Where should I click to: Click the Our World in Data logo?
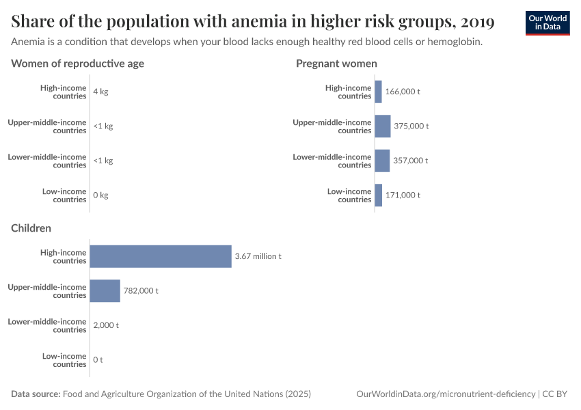[x=547, y=23]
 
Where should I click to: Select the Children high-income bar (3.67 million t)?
[x=161, y=256]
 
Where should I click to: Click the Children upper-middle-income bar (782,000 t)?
[x=105, y=290]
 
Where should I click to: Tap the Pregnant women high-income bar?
[x=378, y=92]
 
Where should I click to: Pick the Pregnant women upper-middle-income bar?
[x=382, y=126]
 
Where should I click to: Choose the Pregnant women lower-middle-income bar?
[x=382, y=161]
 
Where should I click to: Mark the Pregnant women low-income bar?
[x=378, y=195]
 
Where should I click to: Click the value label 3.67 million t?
[x=258, y=256]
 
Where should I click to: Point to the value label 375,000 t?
[x=411, y=126]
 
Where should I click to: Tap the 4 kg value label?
[x=100, y=92]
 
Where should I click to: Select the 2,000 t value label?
[x=106, y=325]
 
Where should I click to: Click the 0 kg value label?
[x=100, y=195]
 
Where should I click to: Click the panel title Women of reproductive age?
[x=77, y=64]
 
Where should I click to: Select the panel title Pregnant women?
[x=336, y=64]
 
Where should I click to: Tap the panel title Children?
[x=31, y=228]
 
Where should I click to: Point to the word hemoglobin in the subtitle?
[x=452, y=42]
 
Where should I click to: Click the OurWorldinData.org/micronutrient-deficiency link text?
[x=446, y=394]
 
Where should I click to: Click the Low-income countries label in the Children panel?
[x=64, y=360]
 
